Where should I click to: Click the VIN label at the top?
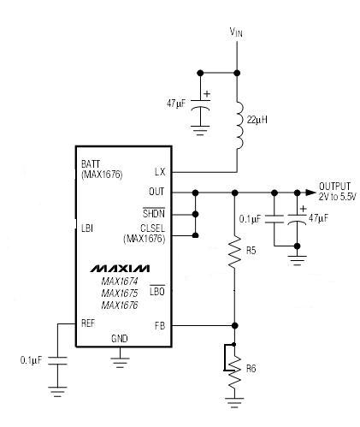coord(236,33)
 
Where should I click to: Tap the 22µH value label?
coord(257,120)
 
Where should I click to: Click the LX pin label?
coord(160,172)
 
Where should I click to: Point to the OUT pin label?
coord(156,192)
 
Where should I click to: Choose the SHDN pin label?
coord(154,213)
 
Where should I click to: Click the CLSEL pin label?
coord(152,228)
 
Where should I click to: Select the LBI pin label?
coord(87,228)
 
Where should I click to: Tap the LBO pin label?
coord(157,291)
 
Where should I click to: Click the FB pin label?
coord(160,325)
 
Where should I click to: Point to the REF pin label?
coord(88,323)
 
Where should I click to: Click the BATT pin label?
coord(91,164)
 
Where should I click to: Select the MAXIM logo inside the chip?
coord(120,269)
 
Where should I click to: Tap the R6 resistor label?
coord(251,369)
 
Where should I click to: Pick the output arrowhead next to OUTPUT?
coord(310,193)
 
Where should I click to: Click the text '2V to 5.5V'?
coord(337,197)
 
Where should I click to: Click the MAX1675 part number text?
coord(120,293)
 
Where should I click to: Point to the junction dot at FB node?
coord(234,325)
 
